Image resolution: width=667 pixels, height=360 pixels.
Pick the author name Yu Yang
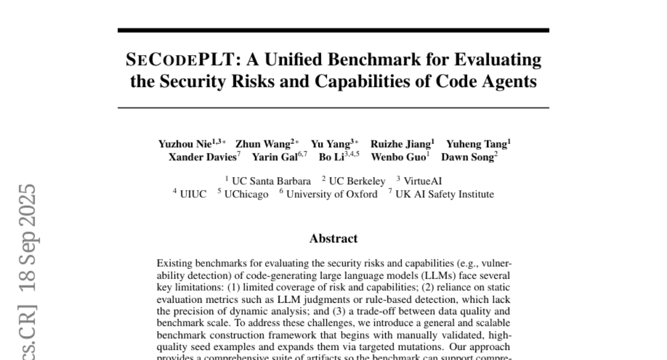330,144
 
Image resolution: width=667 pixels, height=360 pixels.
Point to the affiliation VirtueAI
422,181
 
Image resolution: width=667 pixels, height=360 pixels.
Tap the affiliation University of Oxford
332,194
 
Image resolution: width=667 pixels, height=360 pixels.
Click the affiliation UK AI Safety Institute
444,194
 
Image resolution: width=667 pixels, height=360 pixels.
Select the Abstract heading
333,239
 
